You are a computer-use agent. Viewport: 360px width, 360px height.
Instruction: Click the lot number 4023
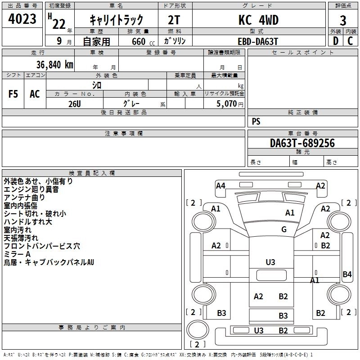click(22, 19)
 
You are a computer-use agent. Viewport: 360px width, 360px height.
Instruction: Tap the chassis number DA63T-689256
click(302, 143)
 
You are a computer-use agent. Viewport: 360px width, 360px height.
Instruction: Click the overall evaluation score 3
click(343, 20)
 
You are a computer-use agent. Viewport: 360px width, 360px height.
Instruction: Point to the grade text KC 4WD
click(258, 20)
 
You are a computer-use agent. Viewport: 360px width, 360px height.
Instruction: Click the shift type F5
click(13, 94)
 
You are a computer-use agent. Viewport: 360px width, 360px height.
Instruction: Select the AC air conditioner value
click(35, 94)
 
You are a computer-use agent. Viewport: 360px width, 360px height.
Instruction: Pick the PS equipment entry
click(256, 121)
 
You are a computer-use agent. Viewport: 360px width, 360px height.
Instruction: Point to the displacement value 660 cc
click(139, 41)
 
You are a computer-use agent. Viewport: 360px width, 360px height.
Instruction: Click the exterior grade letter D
click(336, 41)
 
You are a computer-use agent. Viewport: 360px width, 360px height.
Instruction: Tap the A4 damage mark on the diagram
click(220, 185)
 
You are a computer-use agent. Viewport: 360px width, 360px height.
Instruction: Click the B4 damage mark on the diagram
click(347, 274)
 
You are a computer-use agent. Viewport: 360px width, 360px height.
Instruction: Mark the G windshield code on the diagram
click(283, 229)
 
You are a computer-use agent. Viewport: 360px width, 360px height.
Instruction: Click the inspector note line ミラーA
click(17, 254)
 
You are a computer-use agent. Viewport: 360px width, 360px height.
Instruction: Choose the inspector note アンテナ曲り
click(24, 198)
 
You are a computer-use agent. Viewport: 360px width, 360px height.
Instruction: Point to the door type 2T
click(175, 20)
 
